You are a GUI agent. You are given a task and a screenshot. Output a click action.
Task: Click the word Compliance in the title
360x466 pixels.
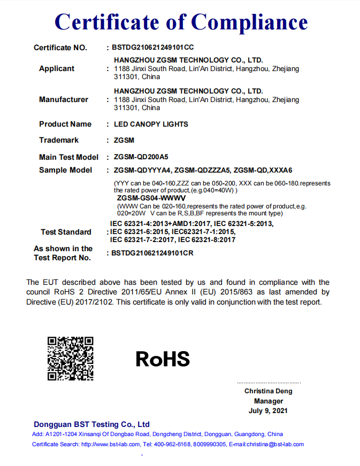249,22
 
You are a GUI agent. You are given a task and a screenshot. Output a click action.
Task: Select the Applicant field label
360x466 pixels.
57,69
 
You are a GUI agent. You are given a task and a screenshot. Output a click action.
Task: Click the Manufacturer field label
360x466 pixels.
64,99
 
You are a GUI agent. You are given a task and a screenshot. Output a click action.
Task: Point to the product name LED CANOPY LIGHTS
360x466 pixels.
151,124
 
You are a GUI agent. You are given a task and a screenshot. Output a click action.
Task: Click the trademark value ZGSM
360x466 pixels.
124,140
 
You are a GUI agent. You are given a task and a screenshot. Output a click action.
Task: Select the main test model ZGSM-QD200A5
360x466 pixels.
141,157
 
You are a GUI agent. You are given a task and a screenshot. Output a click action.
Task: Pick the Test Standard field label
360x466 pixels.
66,232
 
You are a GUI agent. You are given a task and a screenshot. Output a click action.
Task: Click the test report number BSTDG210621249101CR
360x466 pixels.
152,253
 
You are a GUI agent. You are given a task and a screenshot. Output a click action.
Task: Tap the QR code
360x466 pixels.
71,358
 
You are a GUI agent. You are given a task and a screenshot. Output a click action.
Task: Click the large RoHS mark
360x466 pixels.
163,359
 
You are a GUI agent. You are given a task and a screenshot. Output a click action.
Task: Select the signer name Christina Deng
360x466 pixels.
269,391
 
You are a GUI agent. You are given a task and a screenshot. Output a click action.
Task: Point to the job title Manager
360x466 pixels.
269,401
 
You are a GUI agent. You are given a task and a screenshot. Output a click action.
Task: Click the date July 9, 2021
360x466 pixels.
269,411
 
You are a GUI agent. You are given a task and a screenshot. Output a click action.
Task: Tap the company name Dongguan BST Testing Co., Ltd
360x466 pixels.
91,424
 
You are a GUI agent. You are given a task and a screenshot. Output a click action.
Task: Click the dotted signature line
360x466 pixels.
269,383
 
